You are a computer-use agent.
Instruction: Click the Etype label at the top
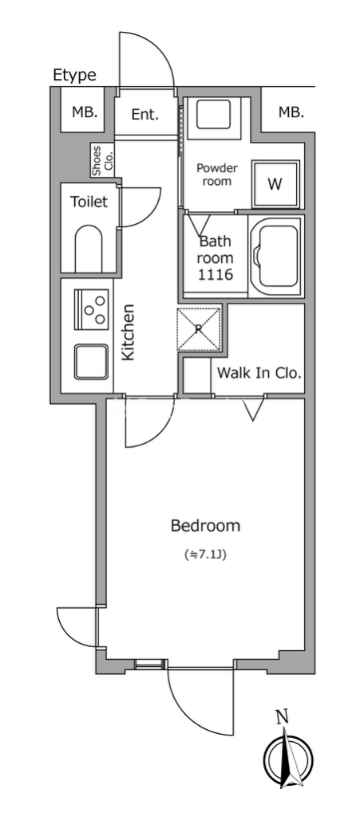(74, 76)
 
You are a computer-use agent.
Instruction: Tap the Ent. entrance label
(144, 115)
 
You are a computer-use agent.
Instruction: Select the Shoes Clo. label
(103, 160)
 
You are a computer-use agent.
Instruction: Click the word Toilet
(89, 202)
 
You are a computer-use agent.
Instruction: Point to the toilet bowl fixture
(89, 249)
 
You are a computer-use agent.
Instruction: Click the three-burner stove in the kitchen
(92, 310)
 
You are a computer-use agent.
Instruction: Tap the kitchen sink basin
(91, 362)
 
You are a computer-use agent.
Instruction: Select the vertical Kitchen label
(129, 332)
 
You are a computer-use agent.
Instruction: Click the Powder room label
(217, 175)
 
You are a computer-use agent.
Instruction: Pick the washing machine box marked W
(275, 184)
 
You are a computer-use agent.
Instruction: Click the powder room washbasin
(213, 115)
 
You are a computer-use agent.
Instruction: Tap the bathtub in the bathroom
(276, 257)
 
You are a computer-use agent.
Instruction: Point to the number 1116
(216, 275)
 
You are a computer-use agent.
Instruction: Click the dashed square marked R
(199, 329)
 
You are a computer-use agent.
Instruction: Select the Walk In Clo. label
(259, 373)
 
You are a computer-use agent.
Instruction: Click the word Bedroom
(206, 526)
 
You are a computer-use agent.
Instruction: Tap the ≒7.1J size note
(206, 555)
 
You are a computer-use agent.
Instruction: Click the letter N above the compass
(283, 718)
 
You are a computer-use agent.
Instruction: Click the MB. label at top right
(291, 112)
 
